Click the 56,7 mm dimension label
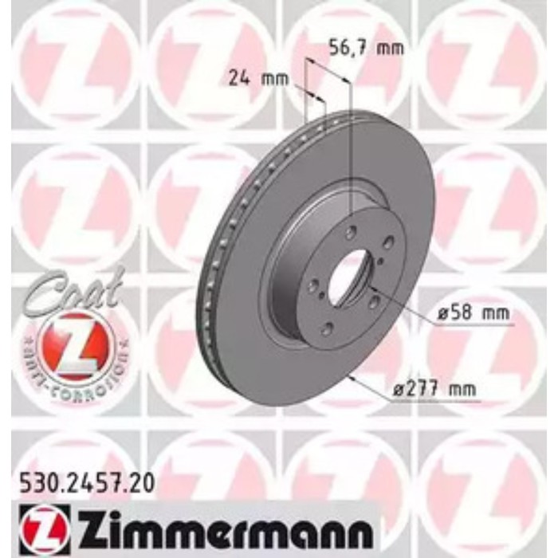click(367, 48)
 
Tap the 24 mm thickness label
click(257, 78)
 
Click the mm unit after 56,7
click(390, 48)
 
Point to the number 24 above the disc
click(238, 78)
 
